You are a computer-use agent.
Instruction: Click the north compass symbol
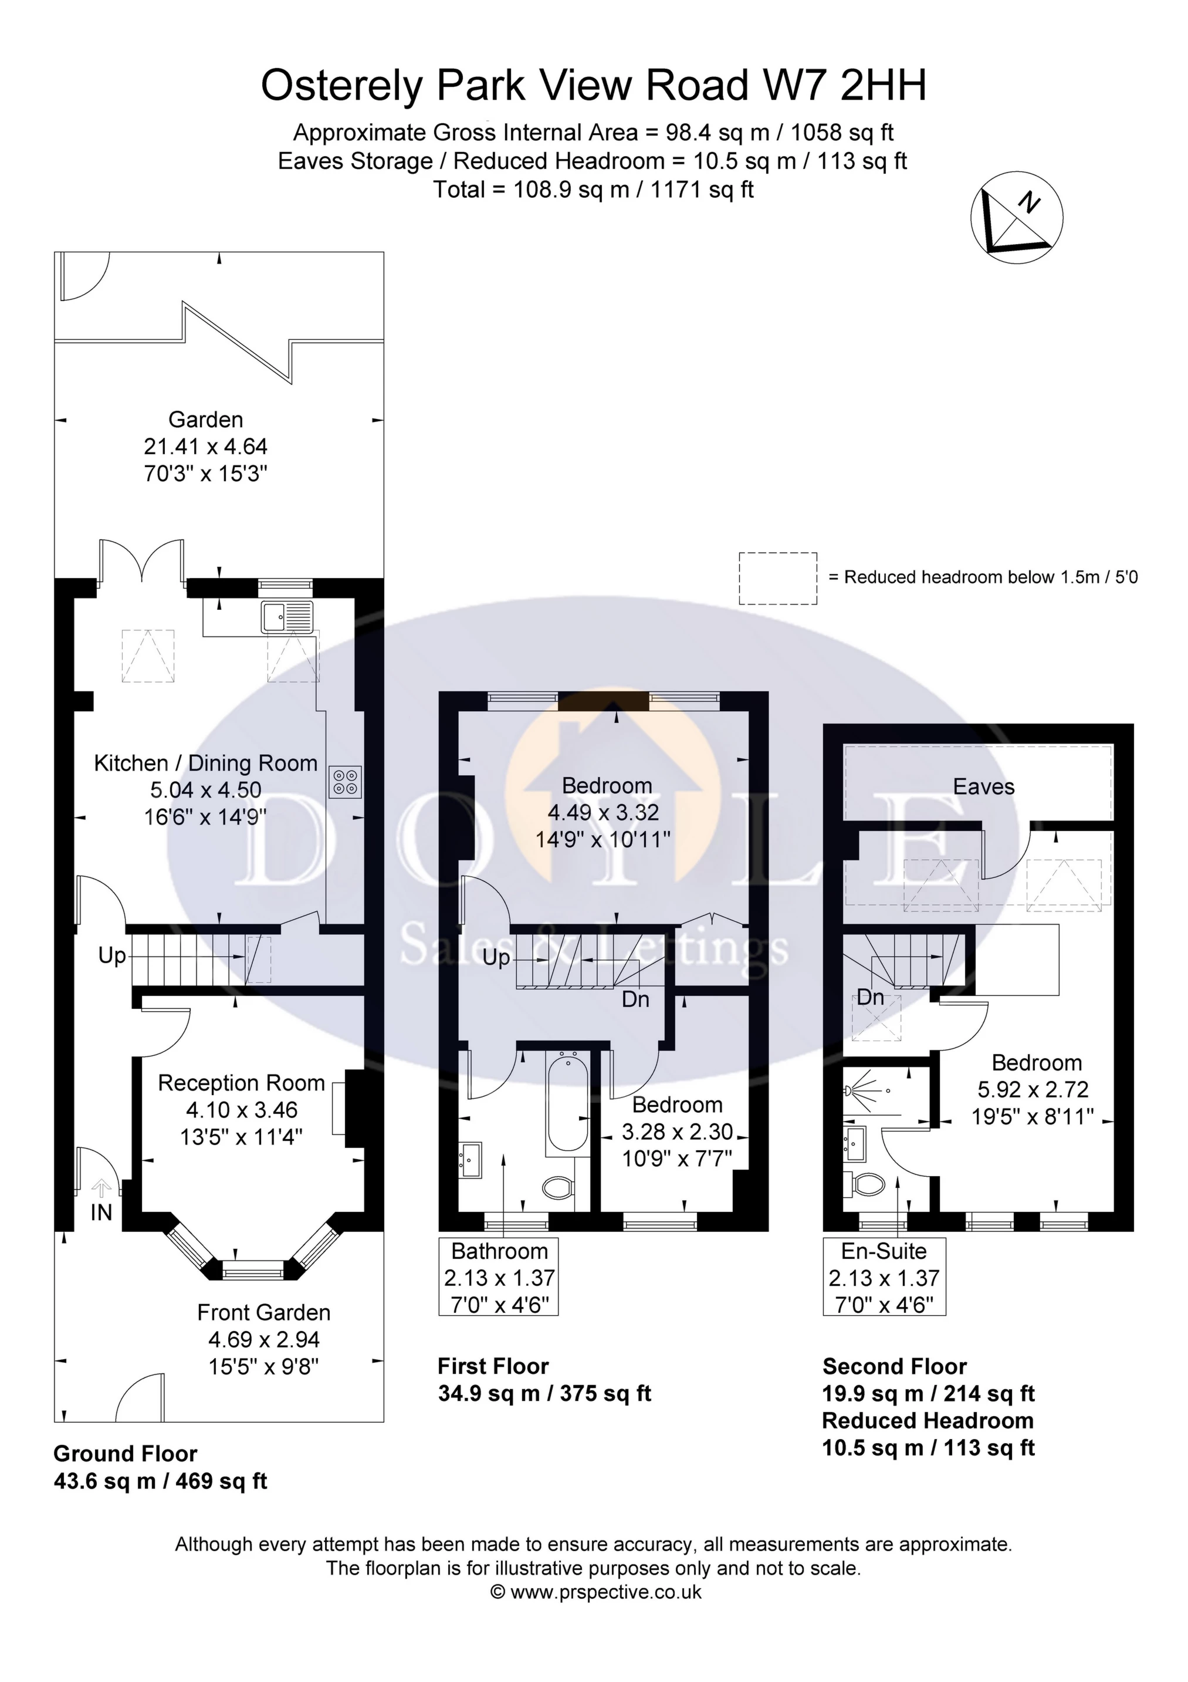(1017, 218)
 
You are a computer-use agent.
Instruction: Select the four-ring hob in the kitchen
(345, 781)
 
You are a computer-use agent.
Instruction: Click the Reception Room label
(241, 1083)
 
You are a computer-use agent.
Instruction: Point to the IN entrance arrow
(101, 1189)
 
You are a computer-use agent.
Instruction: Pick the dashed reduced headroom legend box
(777, 578)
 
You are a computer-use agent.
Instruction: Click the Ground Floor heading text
(125, 1454)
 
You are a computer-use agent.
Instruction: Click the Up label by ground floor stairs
(112, 956)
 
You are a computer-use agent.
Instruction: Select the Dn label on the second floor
(870, 997)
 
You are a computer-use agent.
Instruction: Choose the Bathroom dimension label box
(499, 1278)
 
